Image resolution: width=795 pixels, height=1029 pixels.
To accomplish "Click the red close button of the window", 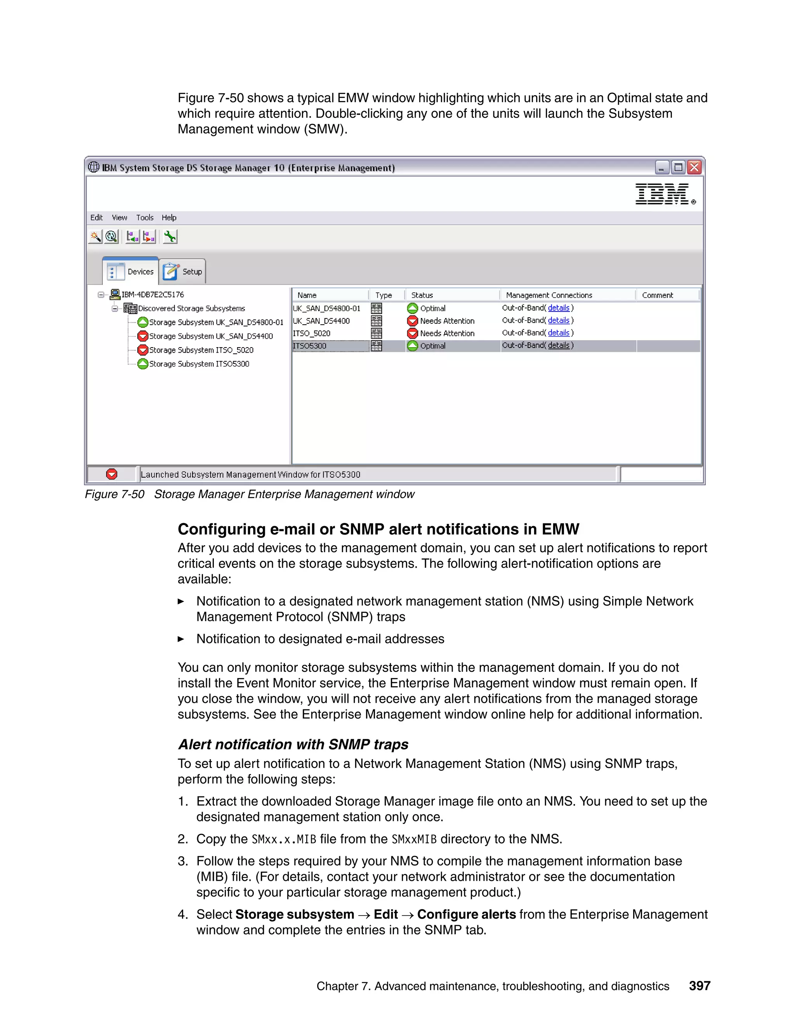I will [694, 167].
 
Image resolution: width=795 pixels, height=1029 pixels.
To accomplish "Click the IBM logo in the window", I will [662, 194].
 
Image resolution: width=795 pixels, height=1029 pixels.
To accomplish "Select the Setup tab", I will [183, 272].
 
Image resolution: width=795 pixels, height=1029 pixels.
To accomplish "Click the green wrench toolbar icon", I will [170, 236].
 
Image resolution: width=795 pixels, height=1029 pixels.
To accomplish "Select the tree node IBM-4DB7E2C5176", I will [153, 294].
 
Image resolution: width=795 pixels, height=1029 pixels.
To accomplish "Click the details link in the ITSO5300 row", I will [559, 345].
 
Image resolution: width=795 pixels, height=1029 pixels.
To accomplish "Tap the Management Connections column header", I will [549, 295].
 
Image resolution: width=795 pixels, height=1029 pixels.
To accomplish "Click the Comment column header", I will [658, 295].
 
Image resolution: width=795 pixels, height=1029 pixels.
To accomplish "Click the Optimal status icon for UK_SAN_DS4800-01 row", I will [413, 309].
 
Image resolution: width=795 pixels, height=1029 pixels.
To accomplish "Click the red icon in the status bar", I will [112, 475].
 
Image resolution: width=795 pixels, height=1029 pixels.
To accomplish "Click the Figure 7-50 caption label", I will [115, 494].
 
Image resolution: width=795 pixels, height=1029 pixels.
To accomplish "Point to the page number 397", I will [700, 986].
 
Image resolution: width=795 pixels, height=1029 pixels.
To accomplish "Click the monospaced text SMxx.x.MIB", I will [283, 839].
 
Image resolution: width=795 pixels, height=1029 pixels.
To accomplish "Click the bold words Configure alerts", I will [466, 914].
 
